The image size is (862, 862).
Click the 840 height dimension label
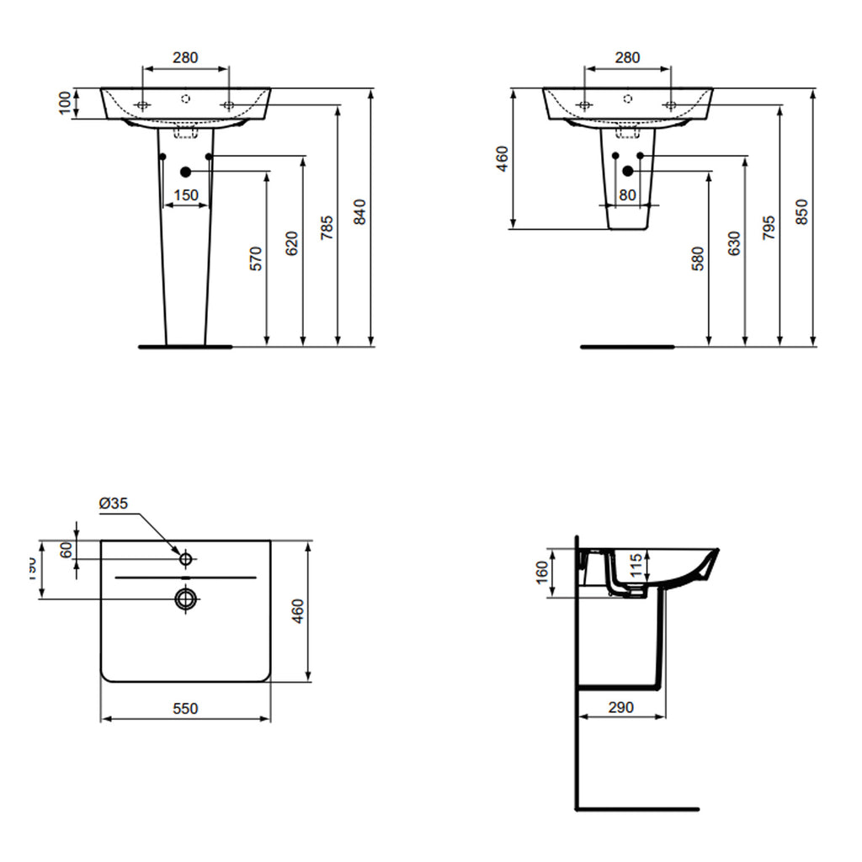[359, 213]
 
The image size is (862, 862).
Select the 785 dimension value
[327, 228]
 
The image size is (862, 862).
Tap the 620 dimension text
[292, 243]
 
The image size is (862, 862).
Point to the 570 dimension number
[257, 258]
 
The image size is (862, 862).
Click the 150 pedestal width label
[185, 195]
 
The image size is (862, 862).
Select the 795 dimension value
[769, 228]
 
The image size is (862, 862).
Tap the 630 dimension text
[733, 243]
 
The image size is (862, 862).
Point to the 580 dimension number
[698, 258]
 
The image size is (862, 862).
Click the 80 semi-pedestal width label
[627, 195]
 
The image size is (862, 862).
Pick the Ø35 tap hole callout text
[113, 503]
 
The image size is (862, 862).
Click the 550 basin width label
[185, 709]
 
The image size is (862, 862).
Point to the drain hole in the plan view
[185, 599]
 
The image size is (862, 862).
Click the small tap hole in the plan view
[185, 558]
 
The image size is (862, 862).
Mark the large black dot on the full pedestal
[185, 172]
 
